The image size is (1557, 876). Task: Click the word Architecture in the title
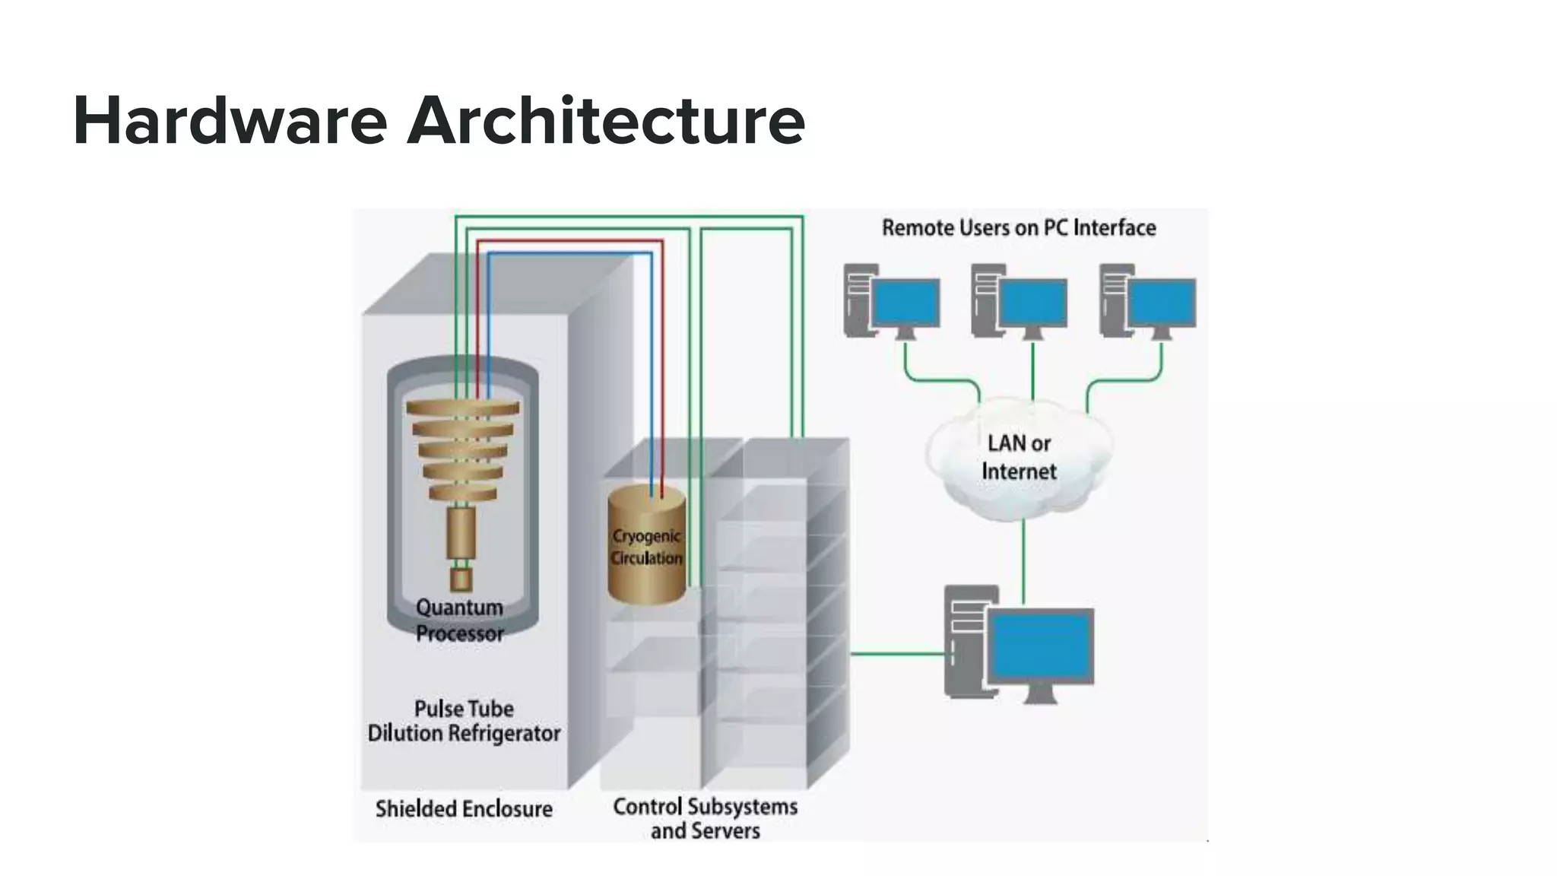606,120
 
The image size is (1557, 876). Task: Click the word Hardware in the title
230,120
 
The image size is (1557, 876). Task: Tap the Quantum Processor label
459,620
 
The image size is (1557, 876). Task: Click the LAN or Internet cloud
1019,458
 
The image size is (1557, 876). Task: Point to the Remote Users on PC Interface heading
1019,227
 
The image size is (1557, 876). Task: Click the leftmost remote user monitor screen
905,303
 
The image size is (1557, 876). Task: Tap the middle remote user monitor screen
1032,303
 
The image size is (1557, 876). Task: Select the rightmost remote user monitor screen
1161,303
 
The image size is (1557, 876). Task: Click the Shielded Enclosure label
464,808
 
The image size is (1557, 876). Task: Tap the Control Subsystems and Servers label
706,818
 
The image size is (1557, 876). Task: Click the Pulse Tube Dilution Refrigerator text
464,721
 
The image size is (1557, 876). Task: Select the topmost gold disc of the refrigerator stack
463,408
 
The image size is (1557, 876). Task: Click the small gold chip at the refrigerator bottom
461,580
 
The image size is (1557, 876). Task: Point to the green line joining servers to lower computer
897,653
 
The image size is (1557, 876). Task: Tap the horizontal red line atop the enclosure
570,241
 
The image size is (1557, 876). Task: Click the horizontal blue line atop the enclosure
570,253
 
